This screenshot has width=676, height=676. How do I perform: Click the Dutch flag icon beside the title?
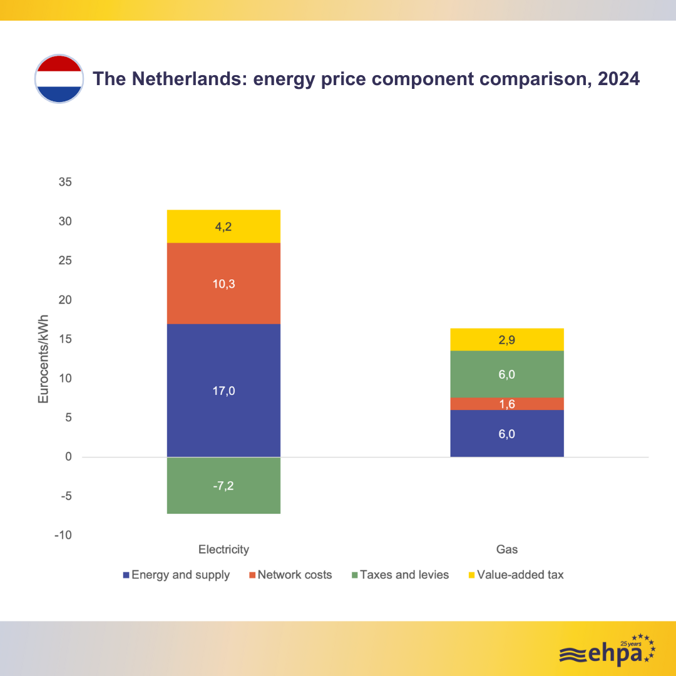tap(58, 79)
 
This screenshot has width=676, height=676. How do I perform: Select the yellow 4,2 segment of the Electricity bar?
tap(223, 227)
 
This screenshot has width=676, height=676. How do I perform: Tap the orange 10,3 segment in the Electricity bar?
tap(223, 283)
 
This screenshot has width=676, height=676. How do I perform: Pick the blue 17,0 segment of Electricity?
tap(223, 391)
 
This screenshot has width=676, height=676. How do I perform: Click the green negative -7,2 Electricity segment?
tap(223, 485)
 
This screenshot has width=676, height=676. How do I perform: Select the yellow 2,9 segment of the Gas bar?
tap(507, 340)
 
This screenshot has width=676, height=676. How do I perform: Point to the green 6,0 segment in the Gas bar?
tap(507, 374)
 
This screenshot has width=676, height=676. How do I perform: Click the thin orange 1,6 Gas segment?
tap(507, 404)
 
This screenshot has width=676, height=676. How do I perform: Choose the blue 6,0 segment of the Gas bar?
tap(507, 433)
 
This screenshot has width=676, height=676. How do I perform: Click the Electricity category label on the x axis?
tap(223, 550)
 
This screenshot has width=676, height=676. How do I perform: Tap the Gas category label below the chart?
tap(507, 550)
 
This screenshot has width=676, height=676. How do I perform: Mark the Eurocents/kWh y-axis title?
tap(43, 359)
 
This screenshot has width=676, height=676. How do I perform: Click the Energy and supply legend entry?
tap(177, 575)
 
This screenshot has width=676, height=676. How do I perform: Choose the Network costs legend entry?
tap(290, 575)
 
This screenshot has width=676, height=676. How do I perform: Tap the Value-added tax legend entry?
tap(516, 575)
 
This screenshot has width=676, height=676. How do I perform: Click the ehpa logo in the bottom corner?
tap(607, 651)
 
